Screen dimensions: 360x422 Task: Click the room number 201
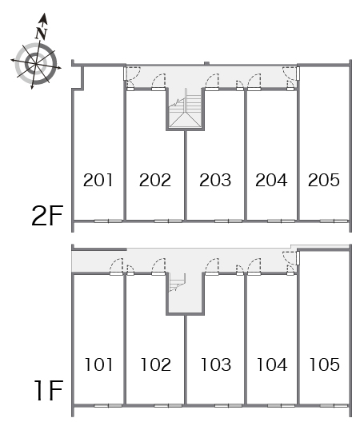pyautogui.click(x=98, y=180)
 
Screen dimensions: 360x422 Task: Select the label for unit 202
pyautogui.click(x=155, y=180)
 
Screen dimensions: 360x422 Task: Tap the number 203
pyautogui.click(x=215, y=180)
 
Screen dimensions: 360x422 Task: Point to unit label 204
pyautogui.click(x=271, y=180)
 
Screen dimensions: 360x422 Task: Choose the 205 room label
pyautogui.click(x=324, y=180)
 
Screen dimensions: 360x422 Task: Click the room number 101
pyautogui.click(x=98, y=364)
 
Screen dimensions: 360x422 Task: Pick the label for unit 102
pyautogui.click(x=156, y=364)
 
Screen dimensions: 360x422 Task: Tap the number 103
pyautogui.click(x=216, y=364)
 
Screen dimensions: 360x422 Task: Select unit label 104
pyautogui.click(x=272, y=364)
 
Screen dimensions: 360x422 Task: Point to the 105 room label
pyautogui.click(x=325, y=364)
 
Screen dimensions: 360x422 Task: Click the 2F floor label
pyautogui.click(x=47, y=215)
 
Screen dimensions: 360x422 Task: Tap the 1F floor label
pyautogui.click(x=50, y=390)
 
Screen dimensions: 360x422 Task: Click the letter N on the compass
pyautogui.click(x=42, y=33)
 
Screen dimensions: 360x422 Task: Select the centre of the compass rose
pyautogui.click(x=36, y=64)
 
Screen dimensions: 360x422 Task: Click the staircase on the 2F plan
pyautogui.click(x=185, y=110)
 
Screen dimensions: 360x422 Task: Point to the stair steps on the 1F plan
pyautogui.click(x=178, y=283)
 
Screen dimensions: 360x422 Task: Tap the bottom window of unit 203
pyautogui.click(x=229, y=221)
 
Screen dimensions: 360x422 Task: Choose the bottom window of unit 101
pyautogui.click(x=108, y=405)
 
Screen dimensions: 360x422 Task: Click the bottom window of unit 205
pyautogui.click(x=334, y=221)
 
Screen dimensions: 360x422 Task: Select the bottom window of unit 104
pyautogui.click(x=282, y=405)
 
